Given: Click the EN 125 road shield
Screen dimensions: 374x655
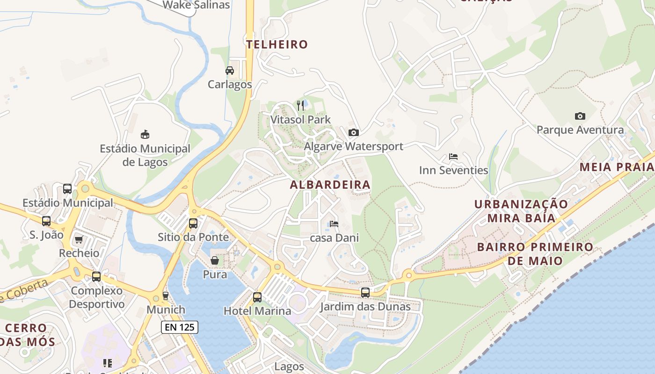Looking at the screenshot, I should pos(180,327).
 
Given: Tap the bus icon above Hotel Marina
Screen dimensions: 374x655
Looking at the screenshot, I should pos(257,297).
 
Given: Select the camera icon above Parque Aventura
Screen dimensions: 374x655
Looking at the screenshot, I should pos(580,116).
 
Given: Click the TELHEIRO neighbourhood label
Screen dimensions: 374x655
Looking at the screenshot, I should pos(277,44).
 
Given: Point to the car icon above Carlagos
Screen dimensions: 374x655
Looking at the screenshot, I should pos(230,71).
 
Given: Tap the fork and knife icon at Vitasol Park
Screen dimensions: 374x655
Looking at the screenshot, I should pos(300,105).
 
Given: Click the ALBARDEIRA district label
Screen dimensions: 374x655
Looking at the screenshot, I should pos(330,185).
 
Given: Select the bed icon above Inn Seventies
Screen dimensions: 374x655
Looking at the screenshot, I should pos(453,157).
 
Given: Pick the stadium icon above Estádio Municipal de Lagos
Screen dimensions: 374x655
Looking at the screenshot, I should pos(145,135).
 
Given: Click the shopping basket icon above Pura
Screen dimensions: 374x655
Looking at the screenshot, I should pos(215,260).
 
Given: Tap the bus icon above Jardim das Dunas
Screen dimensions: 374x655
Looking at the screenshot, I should pos(365,293).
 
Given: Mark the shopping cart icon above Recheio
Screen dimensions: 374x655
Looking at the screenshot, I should pos(79,240).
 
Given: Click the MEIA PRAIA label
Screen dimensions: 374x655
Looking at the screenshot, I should pos(616,167).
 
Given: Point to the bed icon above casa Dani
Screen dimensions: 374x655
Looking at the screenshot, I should pos(334,224).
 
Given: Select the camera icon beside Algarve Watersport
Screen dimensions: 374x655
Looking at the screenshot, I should pos(354,133).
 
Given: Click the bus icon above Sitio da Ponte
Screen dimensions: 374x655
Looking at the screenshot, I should pos(193,223).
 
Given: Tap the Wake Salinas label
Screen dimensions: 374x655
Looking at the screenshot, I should pos(196,5).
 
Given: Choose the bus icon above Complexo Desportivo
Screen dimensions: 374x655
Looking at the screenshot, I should pos(96,277).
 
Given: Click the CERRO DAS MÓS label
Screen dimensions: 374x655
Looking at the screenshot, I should pos(27,335).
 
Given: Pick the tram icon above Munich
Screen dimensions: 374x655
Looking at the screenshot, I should pos(165,296).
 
